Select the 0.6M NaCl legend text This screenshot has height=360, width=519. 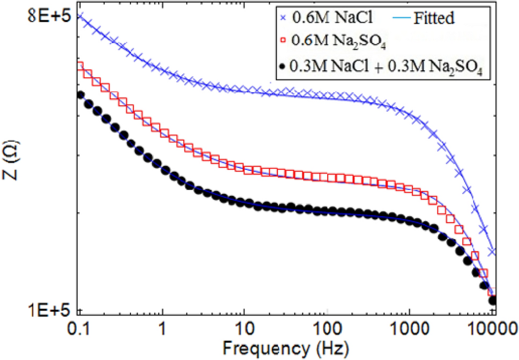click(322, 18)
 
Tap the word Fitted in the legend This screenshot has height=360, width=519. click(434, 18)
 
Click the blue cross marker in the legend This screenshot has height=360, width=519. click(283, 18)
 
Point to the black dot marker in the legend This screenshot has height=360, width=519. click(283, 66)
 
